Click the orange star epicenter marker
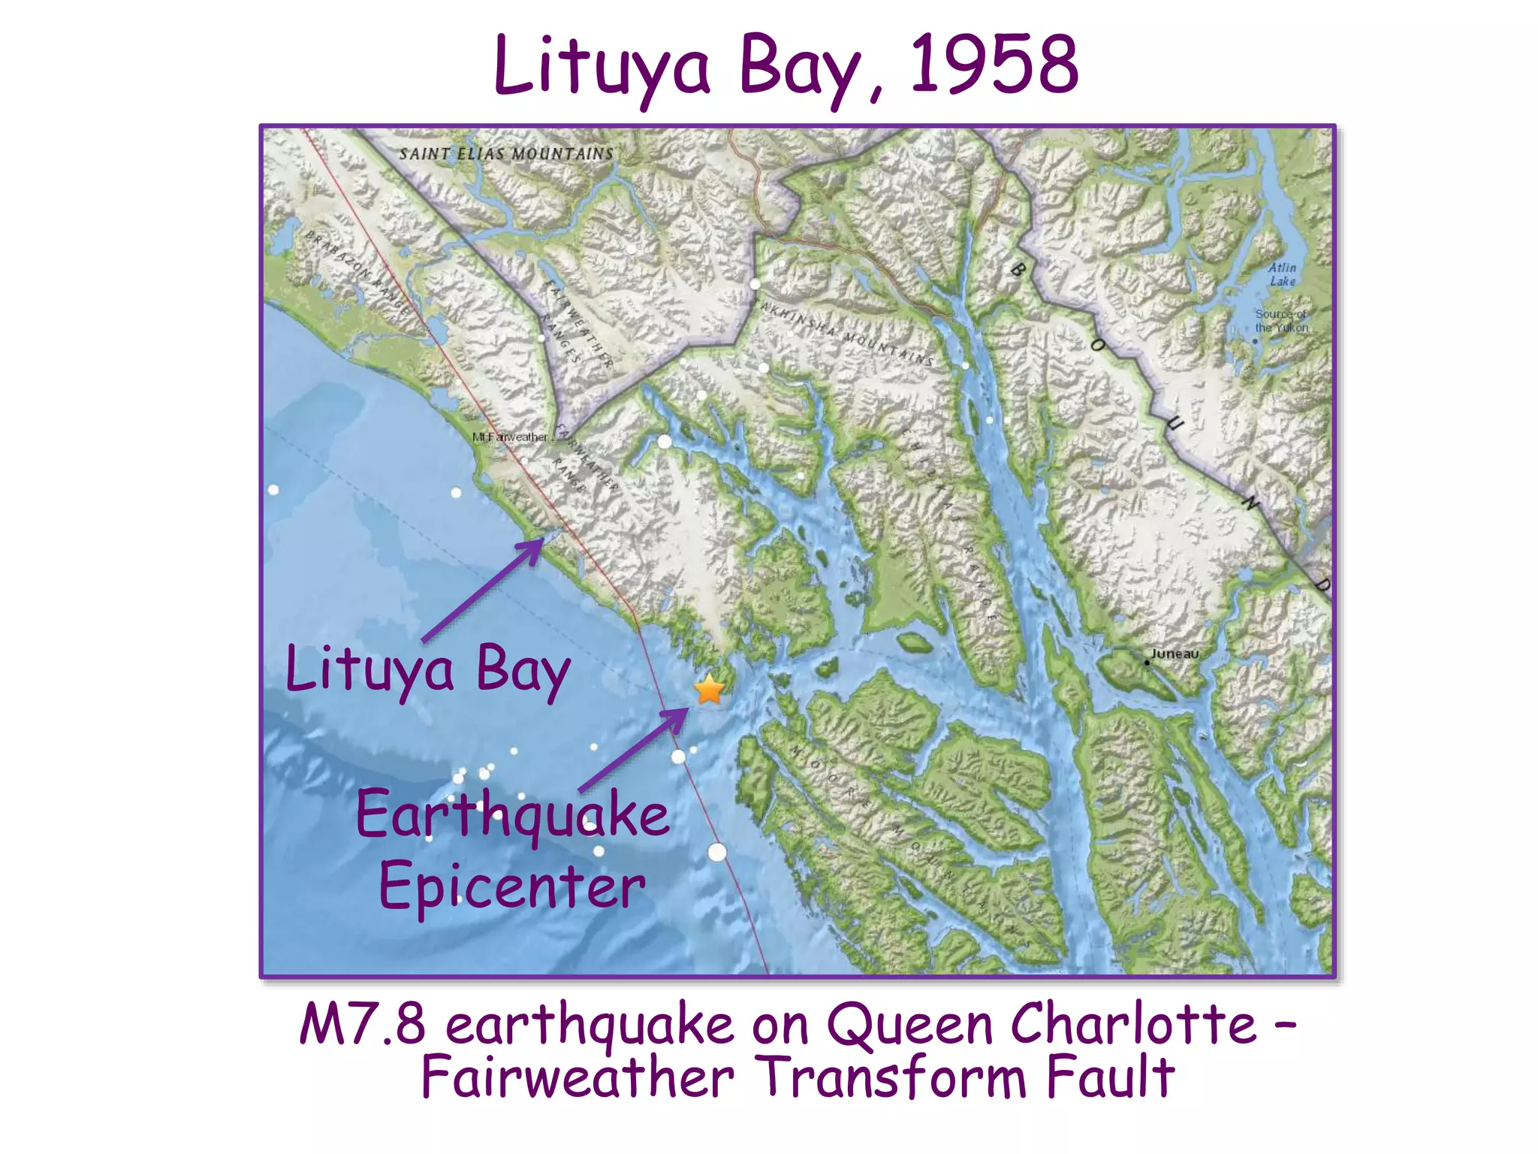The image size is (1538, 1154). coord(709,690)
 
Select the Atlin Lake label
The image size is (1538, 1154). coord(1283,274)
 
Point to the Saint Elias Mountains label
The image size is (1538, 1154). coord(506,154)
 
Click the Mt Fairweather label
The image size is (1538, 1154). coord(510,437)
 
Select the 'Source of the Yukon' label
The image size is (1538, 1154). coord(1281,322)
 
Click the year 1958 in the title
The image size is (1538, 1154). coord(994,66)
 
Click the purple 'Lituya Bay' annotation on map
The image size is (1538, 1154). coord(428,669)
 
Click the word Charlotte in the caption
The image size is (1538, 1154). coord(1133,1024)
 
